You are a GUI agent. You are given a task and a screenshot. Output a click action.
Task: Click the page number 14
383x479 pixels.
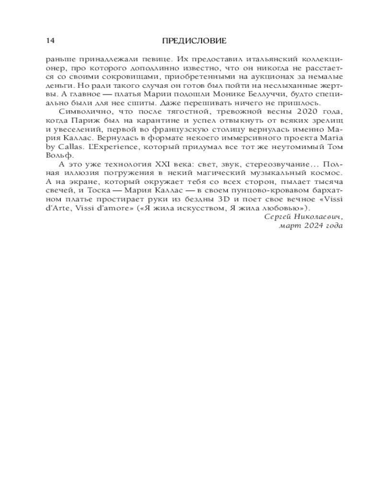pyautogui.click(x=50, y=40)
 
